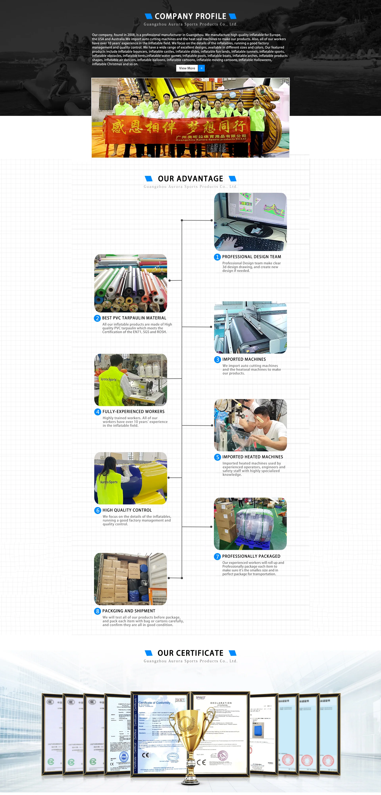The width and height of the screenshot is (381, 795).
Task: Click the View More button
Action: (x=187, y=68)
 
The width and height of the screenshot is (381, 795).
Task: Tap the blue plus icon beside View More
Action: (x=201, y=68)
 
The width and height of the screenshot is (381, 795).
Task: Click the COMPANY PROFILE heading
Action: (x=190, y=16)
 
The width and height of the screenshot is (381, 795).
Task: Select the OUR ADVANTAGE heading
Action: (x=190, y=179)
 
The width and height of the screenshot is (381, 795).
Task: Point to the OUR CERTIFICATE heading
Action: (x=190, y=653)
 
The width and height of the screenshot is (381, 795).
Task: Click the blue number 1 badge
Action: (x=217, y=257)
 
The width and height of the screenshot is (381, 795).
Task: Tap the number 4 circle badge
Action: (x=98, y=412)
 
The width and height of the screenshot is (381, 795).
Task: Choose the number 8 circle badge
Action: (x=97, y=611)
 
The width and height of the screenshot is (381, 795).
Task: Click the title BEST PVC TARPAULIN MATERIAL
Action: (x=134, y=318)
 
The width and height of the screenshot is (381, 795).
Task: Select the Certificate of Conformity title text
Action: (x=154, y=703)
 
